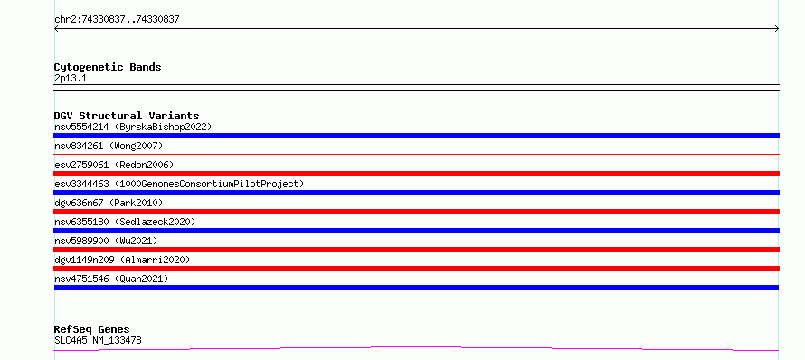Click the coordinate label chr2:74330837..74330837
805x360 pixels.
tap(117, 20)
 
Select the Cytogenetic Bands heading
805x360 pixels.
tap(108, 67)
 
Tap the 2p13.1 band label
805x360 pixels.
tap(71, 79)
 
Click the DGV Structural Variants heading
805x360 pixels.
tap(127, 116)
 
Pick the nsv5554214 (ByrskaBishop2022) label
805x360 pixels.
tap(133, 127)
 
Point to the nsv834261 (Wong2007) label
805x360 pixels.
tap(109, 146)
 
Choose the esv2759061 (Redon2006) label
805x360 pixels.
tap(114, 165)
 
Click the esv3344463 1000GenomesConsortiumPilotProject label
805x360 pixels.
tap(179, 184)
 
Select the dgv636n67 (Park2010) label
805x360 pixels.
tap(109, 203)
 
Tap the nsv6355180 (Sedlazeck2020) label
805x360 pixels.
tap(125, 222)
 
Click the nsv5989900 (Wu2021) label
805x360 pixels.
tap(106, 241)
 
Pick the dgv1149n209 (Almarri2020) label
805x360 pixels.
tap(122, 260)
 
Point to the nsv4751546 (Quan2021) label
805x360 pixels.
tap(111, 279)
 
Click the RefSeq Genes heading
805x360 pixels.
tap(92, 329)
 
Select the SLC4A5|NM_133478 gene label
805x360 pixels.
tap(98, 340)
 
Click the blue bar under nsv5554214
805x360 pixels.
tap(416, 136)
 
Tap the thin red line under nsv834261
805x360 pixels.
tap(416, 154)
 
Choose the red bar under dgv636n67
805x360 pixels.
tap(416, 212)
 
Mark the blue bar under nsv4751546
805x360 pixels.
tap(416, 288)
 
